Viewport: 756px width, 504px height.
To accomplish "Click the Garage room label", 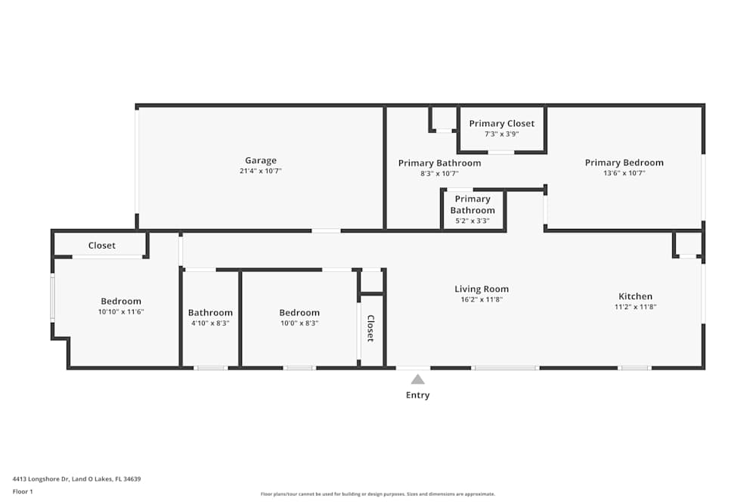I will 261,160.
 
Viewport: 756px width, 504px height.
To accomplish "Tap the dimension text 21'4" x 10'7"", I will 261,172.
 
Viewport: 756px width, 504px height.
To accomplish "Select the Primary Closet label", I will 501,123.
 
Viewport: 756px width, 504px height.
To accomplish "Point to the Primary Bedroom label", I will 624,162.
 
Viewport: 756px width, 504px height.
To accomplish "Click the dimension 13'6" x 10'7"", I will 624,173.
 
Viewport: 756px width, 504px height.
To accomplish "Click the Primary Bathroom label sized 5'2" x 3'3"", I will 472,205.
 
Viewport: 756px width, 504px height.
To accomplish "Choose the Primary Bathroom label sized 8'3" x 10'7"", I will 439,162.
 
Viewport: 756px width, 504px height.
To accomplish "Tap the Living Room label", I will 482,289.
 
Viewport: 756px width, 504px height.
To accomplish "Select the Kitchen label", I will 635,296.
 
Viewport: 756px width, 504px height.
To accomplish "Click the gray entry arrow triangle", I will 417,379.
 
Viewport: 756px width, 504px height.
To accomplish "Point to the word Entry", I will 417,395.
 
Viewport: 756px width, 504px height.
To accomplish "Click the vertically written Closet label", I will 370,329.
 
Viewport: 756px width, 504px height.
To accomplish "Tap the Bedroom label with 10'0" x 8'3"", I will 299,313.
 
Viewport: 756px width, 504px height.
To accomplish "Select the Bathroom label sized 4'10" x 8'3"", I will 210,313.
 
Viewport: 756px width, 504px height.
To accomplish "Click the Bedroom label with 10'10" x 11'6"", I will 121,301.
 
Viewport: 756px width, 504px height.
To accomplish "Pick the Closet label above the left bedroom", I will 102,246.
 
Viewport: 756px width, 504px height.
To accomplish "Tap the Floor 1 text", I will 23,491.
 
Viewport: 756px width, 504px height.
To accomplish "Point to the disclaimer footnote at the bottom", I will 378,494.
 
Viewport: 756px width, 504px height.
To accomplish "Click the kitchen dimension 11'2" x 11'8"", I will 635,308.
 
